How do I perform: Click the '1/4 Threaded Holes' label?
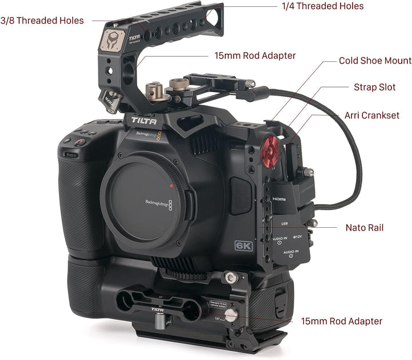point(323,6)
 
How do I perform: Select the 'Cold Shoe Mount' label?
point(375,61)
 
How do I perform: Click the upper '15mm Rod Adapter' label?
point(255,56)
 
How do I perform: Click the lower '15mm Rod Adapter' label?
point(341,322)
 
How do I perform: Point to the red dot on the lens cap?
point(171,187)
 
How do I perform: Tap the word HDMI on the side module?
point(279,197)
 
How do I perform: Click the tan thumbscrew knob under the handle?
point(153,90)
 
